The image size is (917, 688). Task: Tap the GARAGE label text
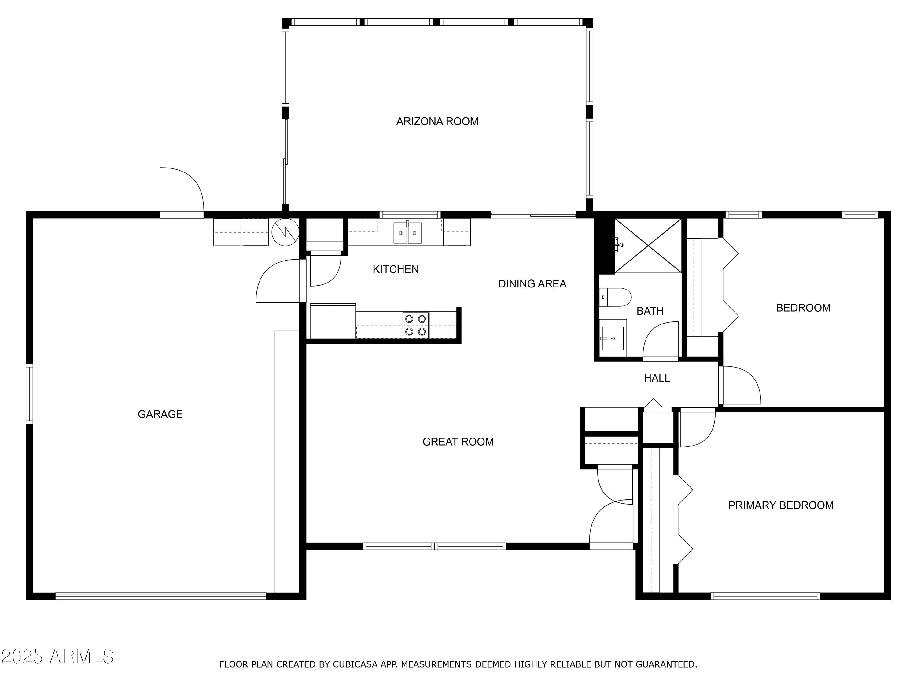tap(160, 414)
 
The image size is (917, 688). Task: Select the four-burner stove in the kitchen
tap(415, 325)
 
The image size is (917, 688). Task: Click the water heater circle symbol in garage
tap(285, 232)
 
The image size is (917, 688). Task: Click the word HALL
tap(657, 378)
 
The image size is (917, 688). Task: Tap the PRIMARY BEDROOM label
tap(781, 505)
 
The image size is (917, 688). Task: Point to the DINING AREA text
tap(532, 284)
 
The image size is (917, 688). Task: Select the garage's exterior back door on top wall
tap(182, 193)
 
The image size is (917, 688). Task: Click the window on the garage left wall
tap(29, 394)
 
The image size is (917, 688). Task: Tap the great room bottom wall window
tap(434, 547)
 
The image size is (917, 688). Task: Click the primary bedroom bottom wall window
tap(765, 596)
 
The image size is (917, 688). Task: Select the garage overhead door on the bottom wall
tap(160, 596)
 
